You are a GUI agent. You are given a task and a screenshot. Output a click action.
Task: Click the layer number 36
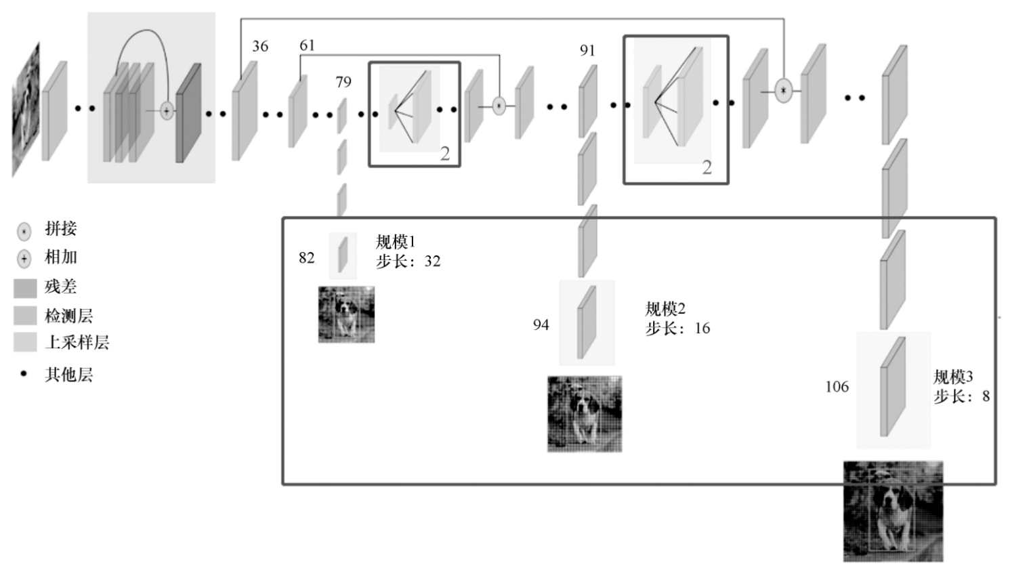click(260, 46)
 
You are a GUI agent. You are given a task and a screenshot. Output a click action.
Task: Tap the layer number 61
click(307, 45)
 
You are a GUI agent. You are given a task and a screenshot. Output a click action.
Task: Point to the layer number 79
click(343, 82)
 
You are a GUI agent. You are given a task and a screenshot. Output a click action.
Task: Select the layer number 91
click(587, 50)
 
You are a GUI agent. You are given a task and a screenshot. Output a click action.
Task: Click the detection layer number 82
click(307, 257)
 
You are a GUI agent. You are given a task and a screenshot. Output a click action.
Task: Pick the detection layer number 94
click(541, 324)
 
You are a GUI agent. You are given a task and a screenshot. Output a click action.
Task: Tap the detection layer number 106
click(837, 386)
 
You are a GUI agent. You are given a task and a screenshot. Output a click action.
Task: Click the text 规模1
click(396, 242)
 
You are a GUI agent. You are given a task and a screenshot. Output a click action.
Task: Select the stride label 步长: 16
click(677, 329)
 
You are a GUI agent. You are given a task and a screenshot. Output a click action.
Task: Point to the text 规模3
click(953, 377)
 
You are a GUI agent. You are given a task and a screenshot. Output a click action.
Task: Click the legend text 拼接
click(61, 229)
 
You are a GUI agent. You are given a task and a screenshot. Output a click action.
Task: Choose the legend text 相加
click(61, 257)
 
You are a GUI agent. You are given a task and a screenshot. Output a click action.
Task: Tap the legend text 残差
click(61, 287)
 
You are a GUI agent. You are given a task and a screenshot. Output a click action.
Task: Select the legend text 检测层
click(68, 316)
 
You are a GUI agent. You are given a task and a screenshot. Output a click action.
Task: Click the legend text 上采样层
click(77, 343)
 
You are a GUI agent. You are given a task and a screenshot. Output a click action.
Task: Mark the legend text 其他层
click(68, 375)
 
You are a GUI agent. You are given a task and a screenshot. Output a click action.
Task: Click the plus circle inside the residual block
click(167, 111)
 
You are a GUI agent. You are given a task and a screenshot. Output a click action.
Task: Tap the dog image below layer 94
click(585, 414)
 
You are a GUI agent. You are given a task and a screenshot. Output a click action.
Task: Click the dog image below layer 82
click(346, 314)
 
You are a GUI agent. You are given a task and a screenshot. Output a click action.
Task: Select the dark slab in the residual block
click(189, 114)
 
